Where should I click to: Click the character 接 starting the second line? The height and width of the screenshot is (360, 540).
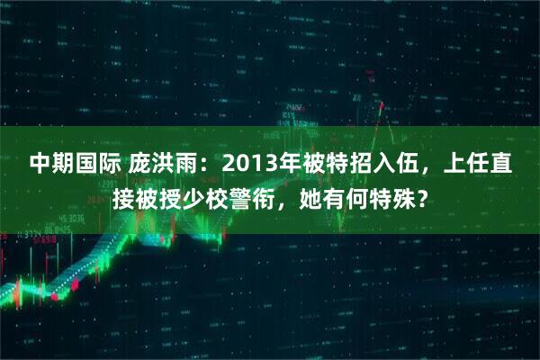point(123,195)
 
